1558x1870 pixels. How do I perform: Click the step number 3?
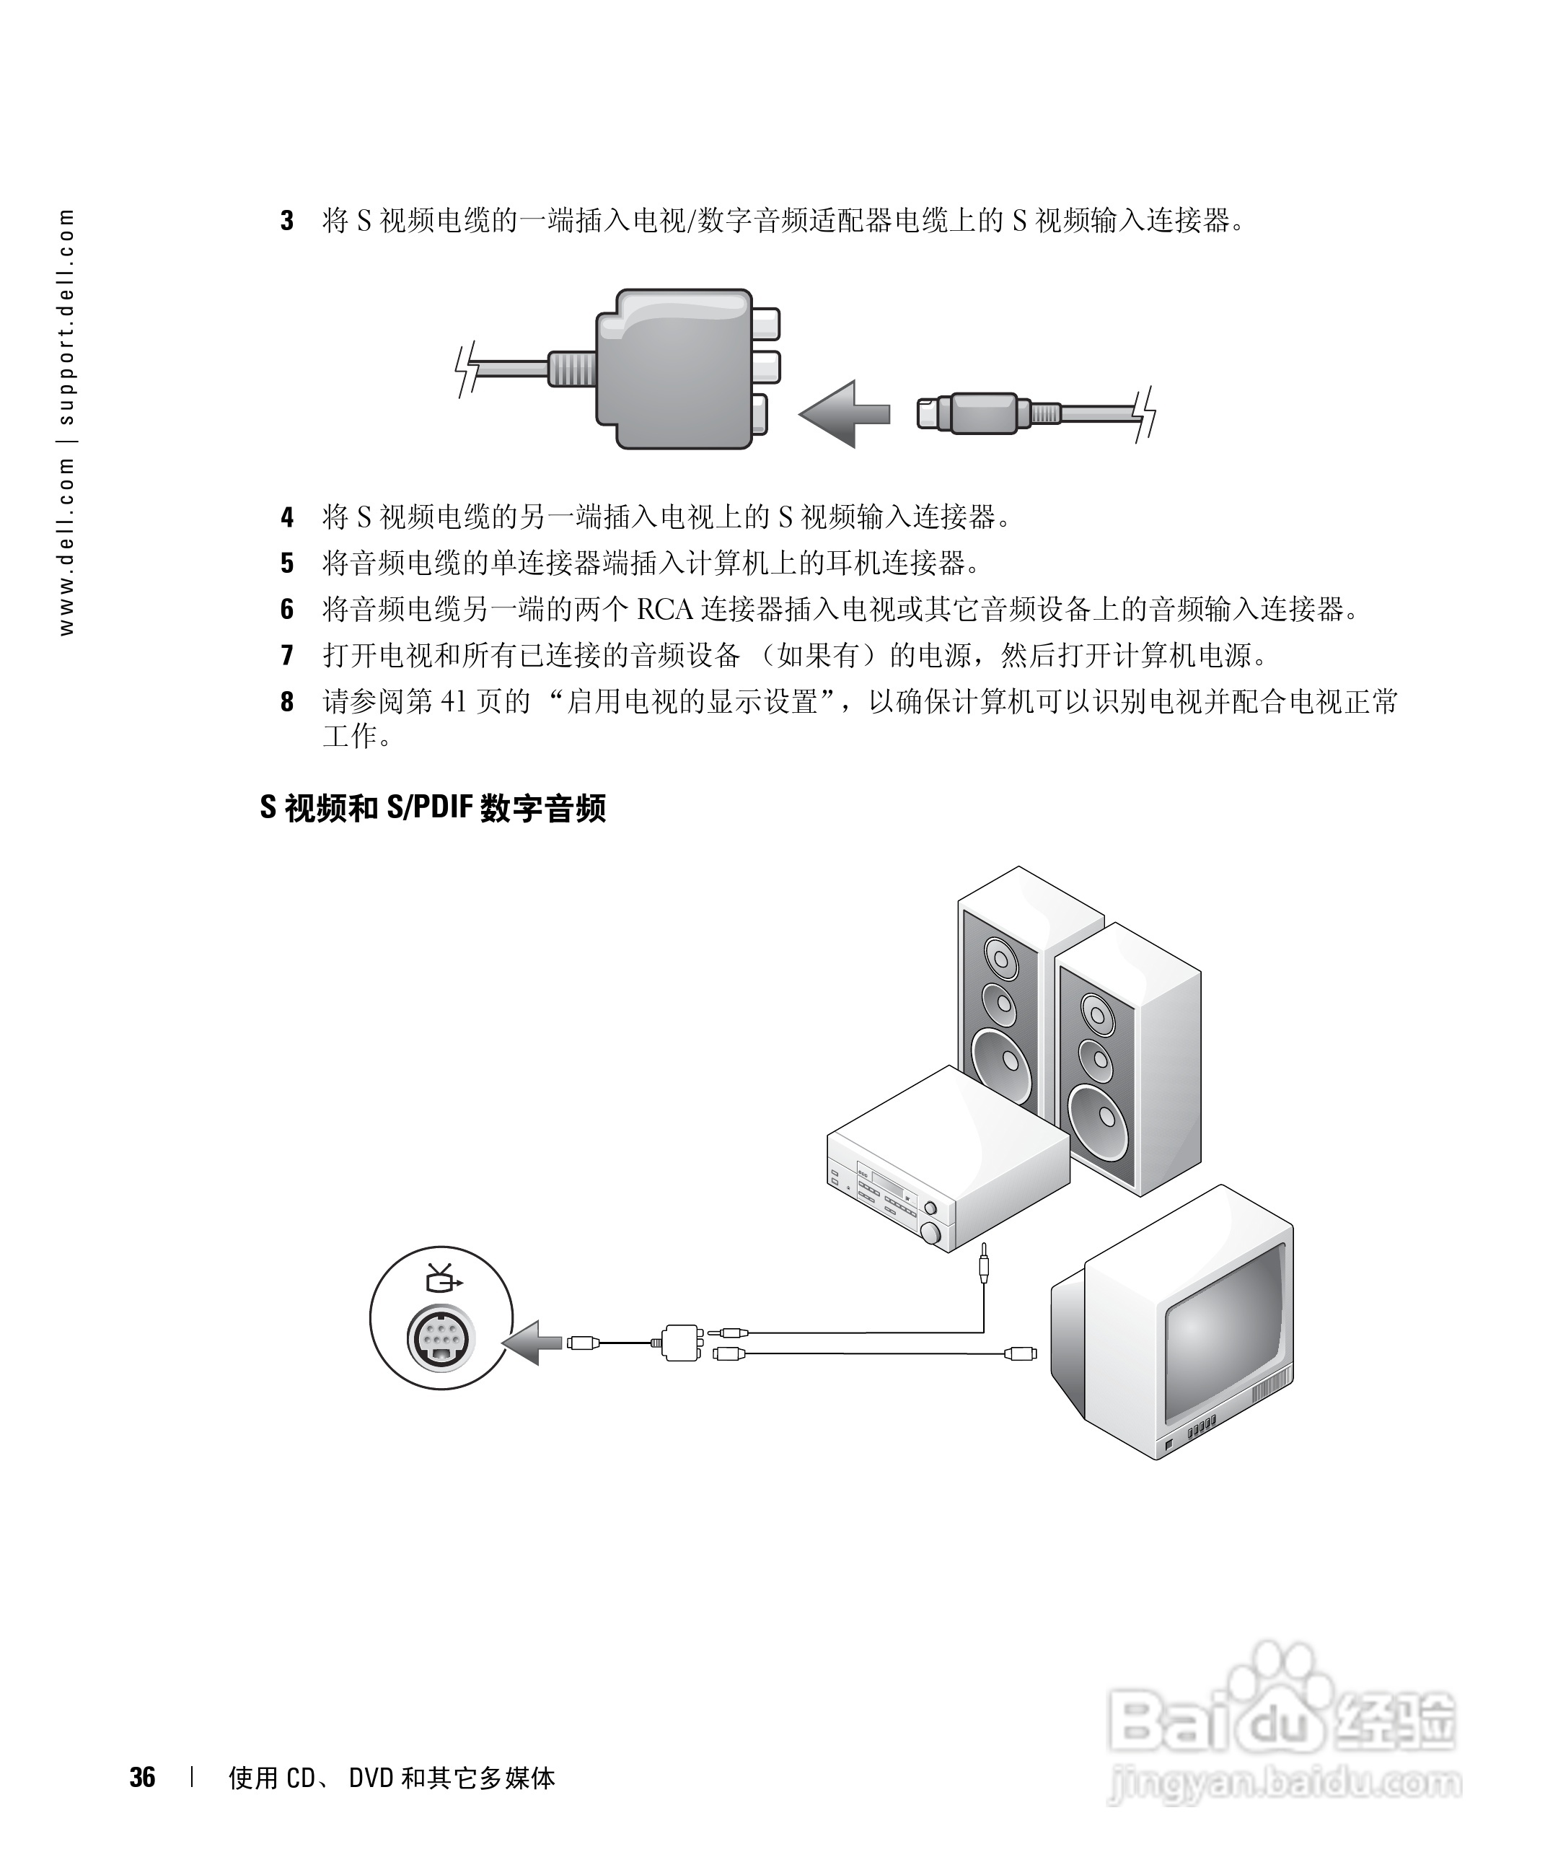pyautogui.click(x=286, y=221)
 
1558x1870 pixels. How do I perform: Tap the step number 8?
pyautogui.click(x=286, y=702)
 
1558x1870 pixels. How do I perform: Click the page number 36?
pyautogui.click(x=142, y=1778)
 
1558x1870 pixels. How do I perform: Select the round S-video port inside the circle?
pyautogui.click(x=441, y=1338)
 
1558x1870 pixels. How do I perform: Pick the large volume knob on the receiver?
pyautogui.click(x=931, y=1233)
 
